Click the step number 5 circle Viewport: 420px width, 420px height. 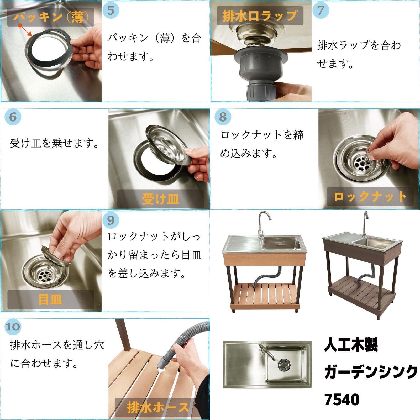[111, 10]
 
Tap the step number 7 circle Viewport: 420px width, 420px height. [321, 10]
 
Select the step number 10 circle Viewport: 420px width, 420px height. [13, 327]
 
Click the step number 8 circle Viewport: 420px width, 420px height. [223, 117]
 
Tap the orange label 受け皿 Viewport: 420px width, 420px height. [160, 199]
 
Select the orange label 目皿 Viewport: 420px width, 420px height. [50, 300]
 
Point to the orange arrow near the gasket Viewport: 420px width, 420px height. [25, 30]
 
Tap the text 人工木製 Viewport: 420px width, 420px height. [351, 345]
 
